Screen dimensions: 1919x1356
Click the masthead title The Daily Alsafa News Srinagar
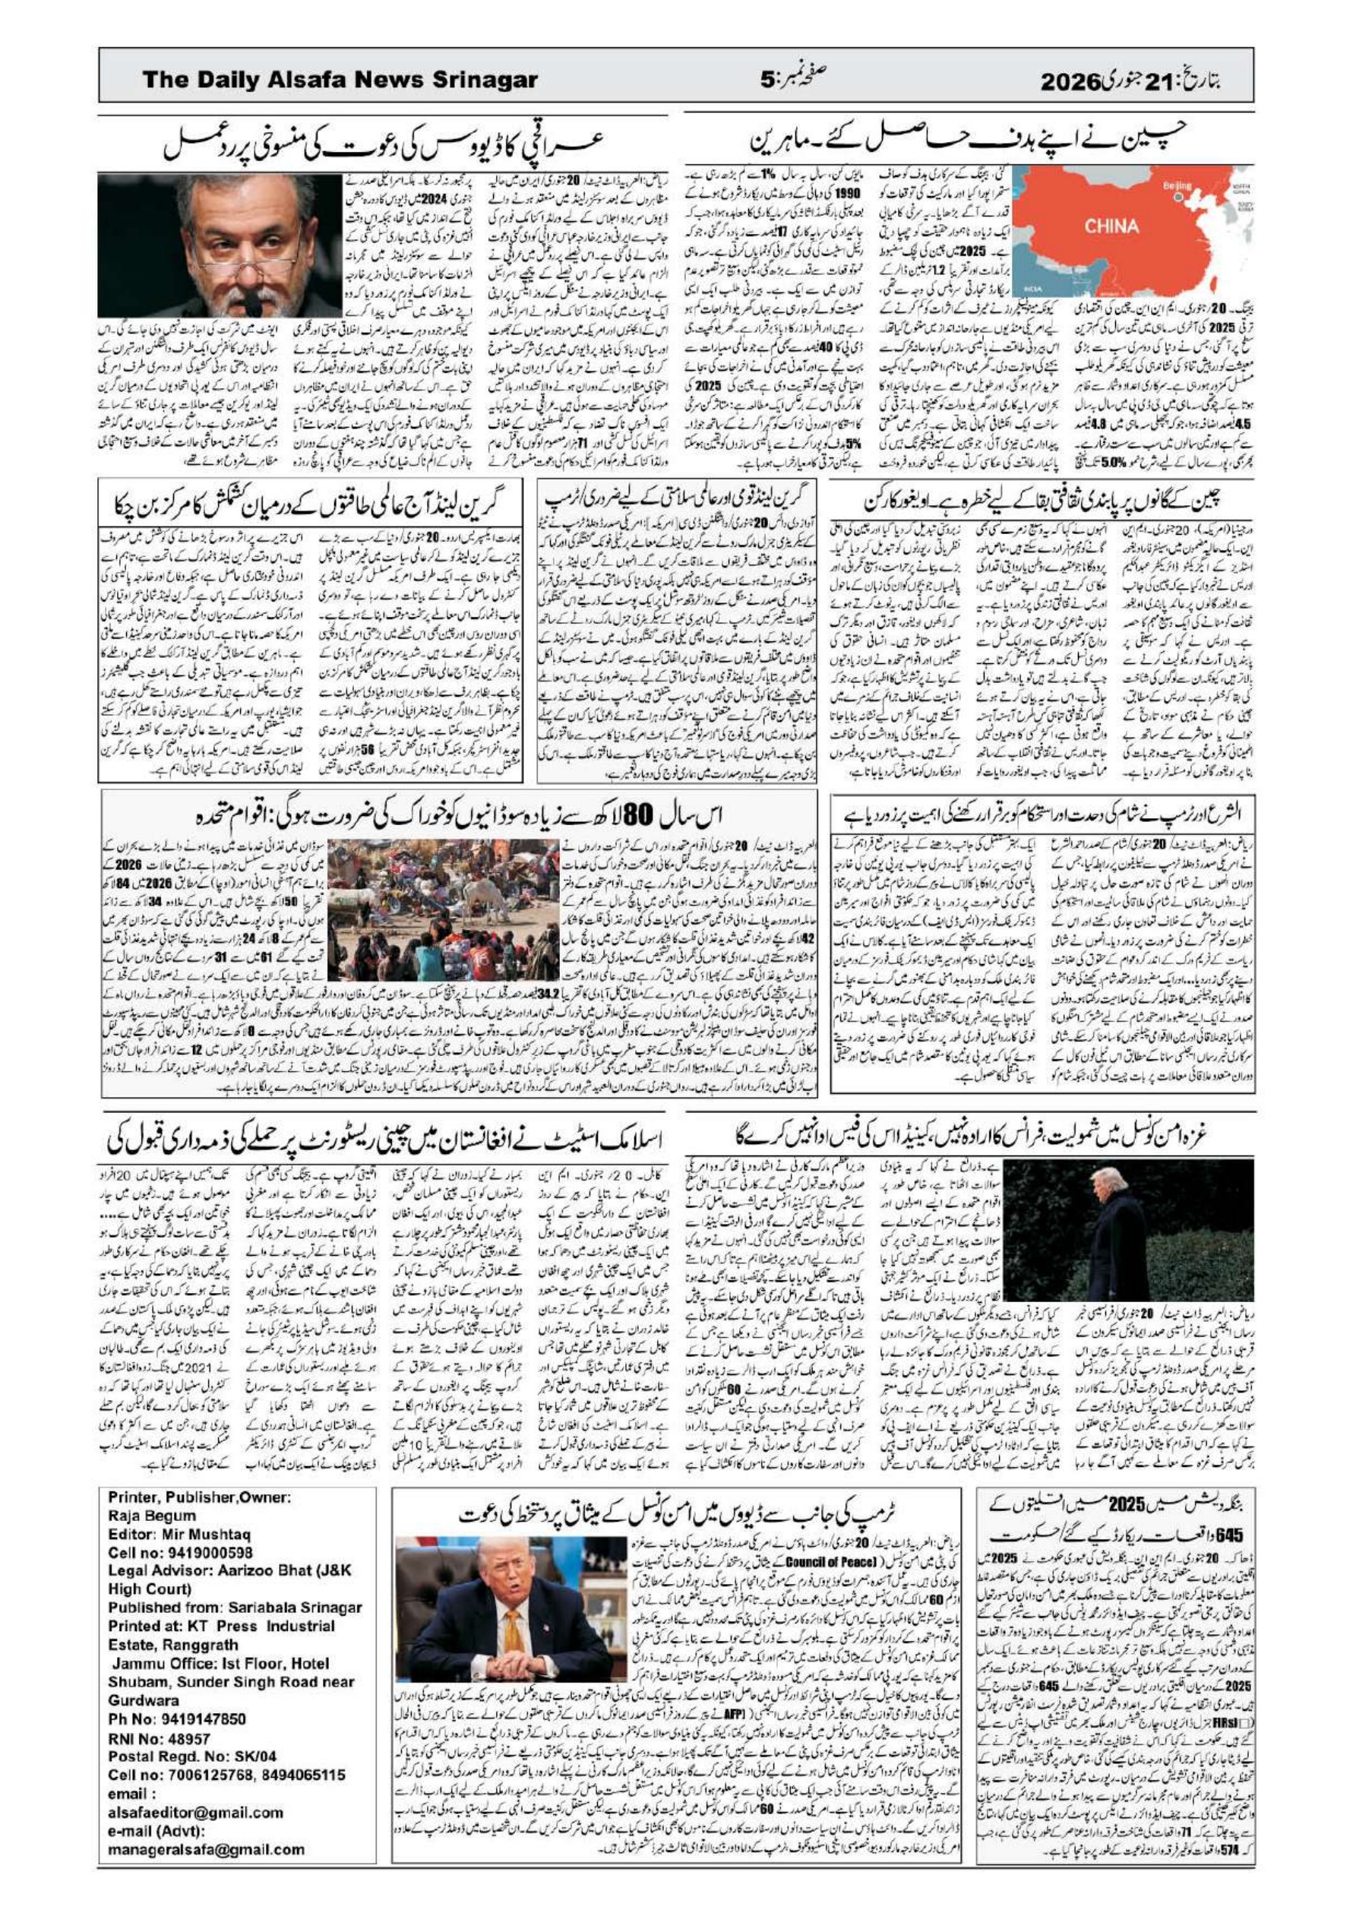click(x=340, y=81)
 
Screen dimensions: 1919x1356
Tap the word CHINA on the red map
click(x=1112, y=226)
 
